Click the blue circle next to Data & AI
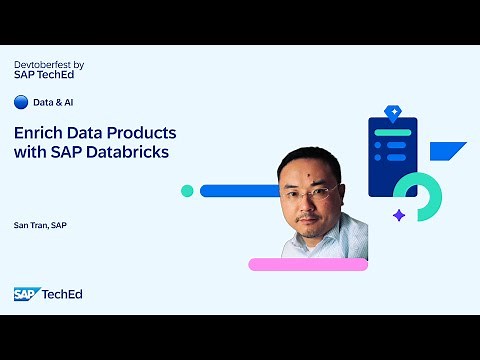pyautogui.click(x=20, y=102)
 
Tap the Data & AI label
pyautogui.click(x=54, y=102)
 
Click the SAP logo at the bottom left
pyautogui.click(x=24, y=294)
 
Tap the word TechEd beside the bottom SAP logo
pyautogui.click(x=61, y=294)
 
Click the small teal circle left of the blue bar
pyautogui.click(x=186, y=191)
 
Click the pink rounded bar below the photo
pyautogui.click(x=307, y=264)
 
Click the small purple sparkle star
pyautogui.click(x=398, y=215)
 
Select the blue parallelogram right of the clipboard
pyautogui.click(x=447, y=151)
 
